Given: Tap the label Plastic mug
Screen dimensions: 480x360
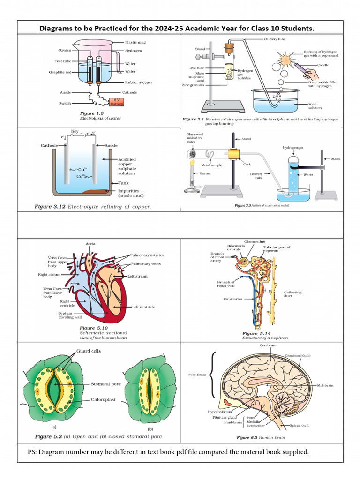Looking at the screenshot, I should pyautogui.click(x=135, y=42).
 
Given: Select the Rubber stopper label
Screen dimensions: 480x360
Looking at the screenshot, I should pyautogui.click(x=139, y=82).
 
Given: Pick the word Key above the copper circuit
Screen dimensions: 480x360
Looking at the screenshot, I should pyautogui.click(x=75, y=132).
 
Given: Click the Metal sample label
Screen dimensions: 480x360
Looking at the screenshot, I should pyautogui.click(x=211, y=165).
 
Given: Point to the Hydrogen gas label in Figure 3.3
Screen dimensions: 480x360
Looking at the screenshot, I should pyautogui.click(x=293, y=147).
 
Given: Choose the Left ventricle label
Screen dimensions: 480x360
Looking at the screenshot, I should pyautogui.click(x=143, y=307).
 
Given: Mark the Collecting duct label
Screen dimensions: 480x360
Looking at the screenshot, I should pyautogui.click(x=293, y=294).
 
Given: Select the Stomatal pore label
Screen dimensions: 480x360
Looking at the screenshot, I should pyautogui.click(x=106, y=384).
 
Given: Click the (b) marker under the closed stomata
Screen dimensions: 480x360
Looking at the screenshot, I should pyautogui.click(x=150, y=428).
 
